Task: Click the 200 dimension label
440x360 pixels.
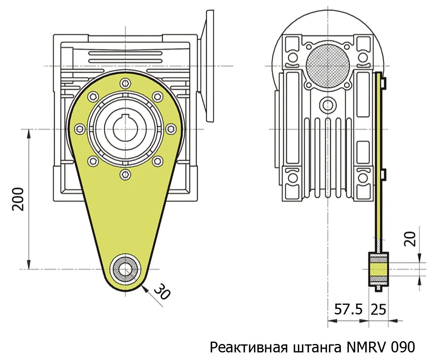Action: pyautogui.click(x=18, y=199)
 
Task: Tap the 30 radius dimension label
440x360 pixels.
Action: pyautogui.click(x=162, y=292)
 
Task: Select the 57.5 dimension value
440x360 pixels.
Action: pyautogui.click(x=348, y=309)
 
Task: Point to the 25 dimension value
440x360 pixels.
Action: pyautogui.click(x=379, y=309)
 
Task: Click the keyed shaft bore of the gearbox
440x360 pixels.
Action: pyautogui.click(x=125, y=128)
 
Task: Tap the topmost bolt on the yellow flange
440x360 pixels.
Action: pyautogui.click(x=125, y=83)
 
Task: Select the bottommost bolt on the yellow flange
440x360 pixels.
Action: pyautogui.click(x=125, y=174)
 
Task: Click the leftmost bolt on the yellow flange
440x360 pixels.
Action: pyautogui.click(x=80, y=129)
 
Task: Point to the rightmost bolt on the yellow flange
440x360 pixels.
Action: pyautogui.click(x=171, y=129)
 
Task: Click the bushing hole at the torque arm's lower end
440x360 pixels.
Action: pyautogui.click(x=125, y=269)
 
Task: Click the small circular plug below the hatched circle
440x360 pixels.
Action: pyautogui.click(x=328, y=105)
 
